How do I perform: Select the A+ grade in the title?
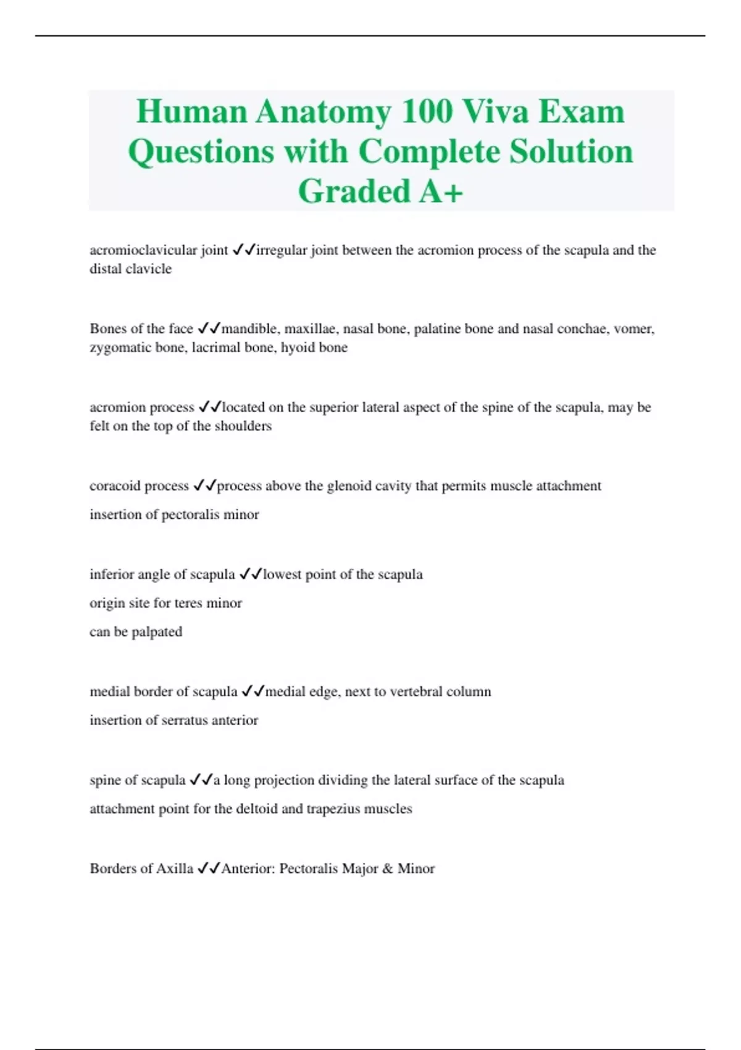click(x=441, y=191)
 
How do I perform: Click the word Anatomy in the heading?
click(x=323, y=112)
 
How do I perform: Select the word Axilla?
click(x=174, y=868)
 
